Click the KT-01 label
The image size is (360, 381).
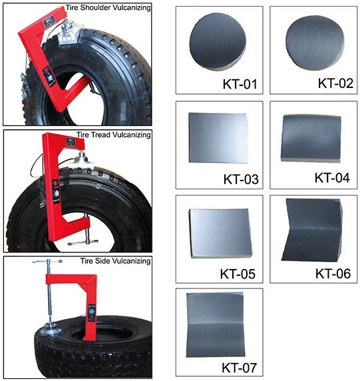point(240,84)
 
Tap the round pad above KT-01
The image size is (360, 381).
point(218,42)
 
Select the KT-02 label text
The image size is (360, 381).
point(335,83)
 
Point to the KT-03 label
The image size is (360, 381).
point(241,179)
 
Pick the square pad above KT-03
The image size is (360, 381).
point(218,138)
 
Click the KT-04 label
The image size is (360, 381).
point(332,178)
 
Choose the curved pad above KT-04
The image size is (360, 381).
point(311,139)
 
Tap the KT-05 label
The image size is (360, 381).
point(238,274)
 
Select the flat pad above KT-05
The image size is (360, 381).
point(220,232)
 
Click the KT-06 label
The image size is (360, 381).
point(333,274)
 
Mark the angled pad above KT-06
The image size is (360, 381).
point(312,230)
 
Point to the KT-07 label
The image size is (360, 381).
point(239,368)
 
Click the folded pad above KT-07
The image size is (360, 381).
point(215,325)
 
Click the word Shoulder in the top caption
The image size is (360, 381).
point(95,8)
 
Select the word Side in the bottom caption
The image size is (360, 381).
point(103,261)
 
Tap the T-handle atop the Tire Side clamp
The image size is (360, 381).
point(48,262)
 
